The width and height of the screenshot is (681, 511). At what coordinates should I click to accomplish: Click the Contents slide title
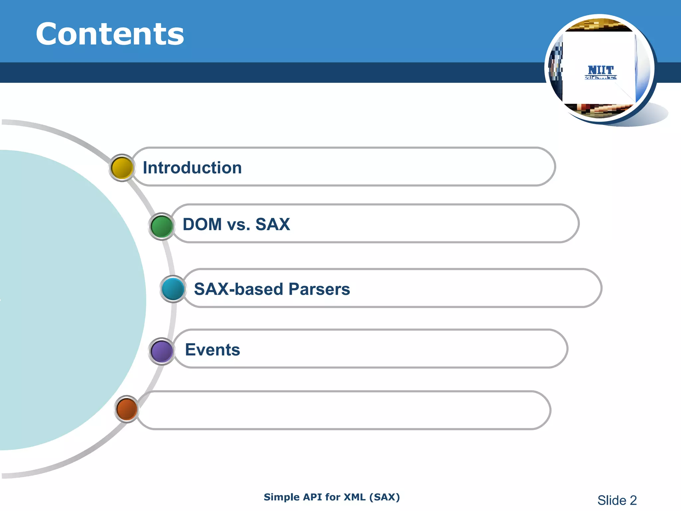coord(110,34)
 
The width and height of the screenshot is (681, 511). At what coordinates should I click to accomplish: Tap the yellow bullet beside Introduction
coord(122,168)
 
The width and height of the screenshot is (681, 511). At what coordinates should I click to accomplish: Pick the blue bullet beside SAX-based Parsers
coord(173,289)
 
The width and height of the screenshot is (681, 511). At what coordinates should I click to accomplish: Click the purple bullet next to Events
coord(162,351)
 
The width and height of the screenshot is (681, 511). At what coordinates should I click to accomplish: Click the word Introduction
coord(192,168)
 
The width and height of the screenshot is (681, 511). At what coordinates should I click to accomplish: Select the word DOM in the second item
coord(202,224)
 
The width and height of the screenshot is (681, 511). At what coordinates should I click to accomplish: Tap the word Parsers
coord(319,289)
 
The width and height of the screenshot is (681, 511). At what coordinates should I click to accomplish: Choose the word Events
coord(212,350)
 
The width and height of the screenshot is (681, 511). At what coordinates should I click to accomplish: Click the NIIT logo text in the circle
coord(601,71)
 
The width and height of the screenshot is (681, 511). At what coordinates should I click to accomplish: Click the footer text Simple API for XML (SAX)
coord(332,497)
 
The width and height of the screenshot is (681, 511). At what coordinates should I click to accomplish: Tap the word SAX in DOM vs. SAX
coord(273,224)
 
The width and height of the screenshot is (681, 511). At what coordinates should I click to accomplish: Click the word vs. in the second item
coord(238,225)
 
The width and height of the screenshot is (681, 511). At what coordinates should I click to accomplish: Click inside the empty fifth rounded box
coord(342,410)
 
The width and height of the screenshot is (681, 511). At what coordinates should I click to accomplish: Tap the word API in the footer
coord(313,497)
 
